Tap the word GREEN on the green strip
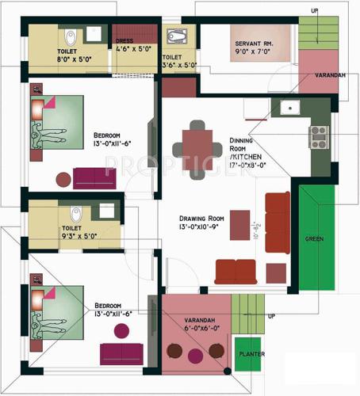pos(313,238)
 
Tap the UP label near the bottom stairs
pos(271,316)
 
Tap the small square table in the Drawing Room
pos(275,272)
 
